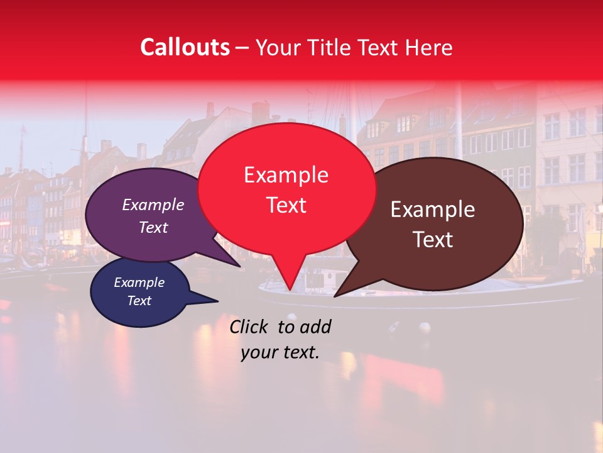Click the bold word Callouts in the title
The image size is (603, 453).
[x=185, y=47]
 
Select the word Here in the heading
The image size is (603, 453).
[x=430, y=47]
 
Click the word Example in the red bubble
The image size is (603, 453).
[x=286, y=175]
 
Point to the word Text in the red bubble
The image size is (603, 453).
[x=286, y=204]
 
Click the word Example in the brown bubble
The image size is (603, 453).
[x=433, y=210]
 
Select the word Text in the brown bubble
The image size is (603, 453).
[x=433, y=240]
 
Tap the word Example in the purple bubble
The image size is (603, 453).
[x=153, y=204]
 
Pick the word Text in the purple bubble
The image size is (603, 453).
[x=153, y=227]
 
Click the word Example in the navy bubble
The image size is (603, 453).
[x=139, y=282]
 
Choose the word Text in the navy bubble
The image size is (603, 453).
[x=139, y=301]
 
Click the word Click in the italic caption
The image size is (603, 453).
[x=250, y=327]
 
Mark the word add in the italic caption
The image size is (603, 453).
[x=315, y=327]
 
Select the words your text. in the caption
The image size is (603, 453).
[x=280, y=353]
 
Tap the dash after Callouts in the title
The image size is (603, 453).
[x=242, y=48]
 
